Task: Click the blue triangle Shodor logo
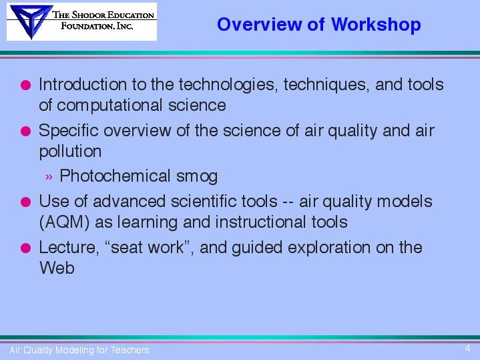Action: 31,21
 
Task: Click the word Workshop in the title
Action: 376,25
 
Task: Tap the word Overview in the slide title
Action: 259,24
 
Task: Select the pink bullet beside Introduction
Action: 26,85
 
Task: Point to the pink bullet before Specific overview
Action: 26,131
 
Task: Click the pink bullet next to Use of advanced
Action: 26,202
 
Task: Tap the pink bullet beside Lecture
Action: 26,248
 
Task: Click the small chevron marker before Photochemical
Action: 49,177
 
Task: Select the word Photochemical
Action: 115,176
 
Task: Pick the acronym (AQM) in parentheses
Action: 64,222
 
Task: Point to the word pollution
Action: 70,151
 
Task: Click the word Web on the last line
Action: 57,268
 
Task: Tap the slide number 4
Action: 467,349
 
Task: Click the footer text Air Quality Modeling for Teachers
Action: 79,350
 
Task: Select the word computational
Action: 109,106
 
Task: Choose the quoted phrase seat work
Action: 148,247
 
